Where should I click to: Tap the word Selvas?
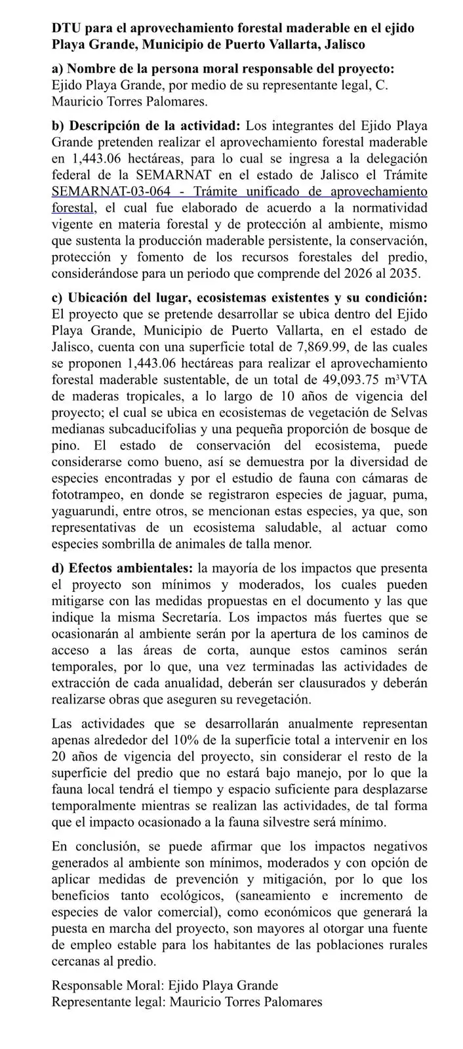coord(409,413)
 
